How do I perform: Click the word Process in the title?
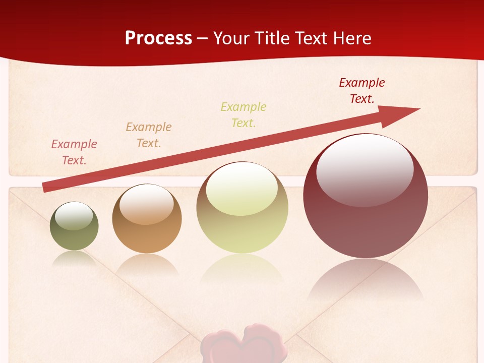tap(158, 38)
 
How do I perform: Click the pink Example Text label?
tap(74, 152)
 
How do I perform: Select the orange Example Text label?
tap(149, 135)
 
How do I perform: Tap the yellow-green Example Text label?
tap(244, 115)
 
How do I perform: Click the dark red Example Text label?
tap(362, 91)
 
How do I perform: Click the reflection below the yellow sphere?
tap(242, 267)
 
